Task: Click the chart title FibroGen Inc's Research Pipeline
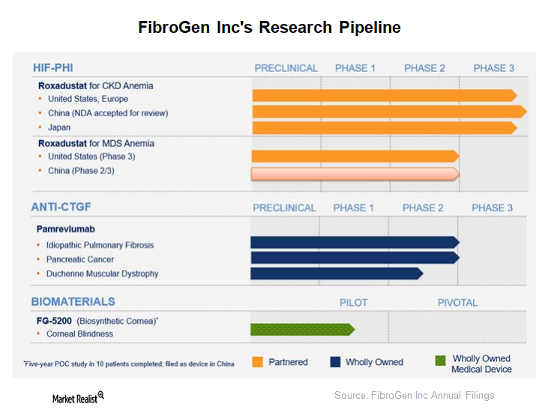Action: click(270, 28)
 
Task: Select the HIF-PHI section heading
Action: click(52, 67)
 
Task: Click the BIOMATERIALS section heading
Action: click(73, 301)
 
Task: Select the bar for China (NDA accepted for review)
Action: click(388, 112)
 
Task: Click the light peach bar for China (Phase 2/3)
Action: click(354, 174)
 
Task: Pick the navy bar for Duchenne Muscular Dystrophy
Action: click(336, 274)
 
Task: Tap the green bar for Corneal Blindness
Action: click(301, 329)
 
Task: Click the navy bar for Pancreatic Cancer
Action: click(354, 258)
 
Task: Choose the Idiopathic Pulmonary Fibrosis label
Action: click(101, 245)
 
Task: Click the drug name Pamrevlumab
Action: click(66, 229)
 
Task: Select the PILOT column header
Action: click(354, 303)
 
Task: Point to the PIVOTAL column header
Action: click(457, 303)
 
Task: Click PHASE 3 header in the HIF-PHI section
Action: click(493, 68)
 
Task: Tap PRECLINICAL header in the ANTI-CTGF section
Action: click(284, 208)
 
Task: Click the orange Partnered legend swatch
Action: click(257, 362)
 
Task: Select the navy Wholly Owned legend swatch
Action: click(336, 362)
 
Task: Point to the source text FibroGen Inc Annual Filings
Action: click(414, 395)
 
